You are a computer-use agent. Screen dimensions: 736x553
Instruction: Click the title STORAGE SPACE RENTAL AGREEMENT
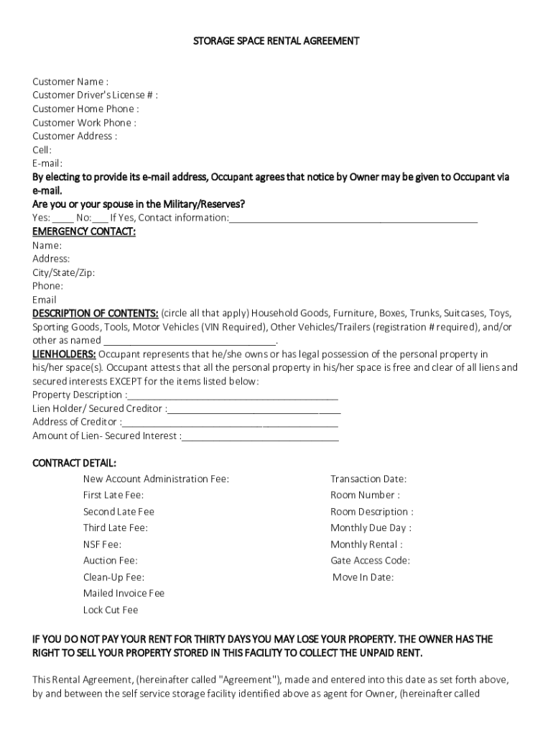(276, 41)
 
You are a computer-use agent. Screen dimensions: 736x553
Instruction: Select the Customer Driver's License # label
(95, 96)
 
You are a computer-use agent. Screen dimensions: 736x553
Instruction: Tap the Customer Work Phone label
(84, 123)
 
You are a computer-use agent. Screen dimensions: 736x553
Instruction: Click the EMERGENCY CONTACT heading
(84, 231)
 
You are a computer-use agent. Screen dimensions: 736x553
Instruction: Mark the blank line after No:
(101, 218)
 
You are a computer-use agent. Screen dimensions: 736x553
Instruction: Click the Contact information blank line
(353, 218)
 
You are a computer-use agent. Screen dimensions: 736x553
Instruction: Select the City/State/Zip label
(63, 273)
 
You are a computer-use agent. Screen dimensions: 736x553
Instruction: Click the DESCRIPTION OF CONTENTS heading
(96, 313)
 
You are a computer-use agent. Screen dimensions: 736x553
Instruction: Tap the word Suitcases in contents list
(464, 314)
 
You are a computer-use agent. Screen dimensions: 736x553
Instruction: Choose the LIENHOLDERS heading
(64, 354)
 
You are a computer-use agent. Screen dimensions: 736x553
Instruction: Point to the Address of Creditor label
(77, 423)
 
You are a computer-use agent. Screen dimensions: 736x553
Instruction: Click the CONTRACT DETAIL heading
(74, 463)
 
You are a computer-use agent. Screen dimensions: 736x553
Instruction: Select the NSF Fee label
(102, 545)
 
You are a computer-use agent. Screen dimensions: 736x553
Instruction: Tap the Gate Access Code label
(370, 561)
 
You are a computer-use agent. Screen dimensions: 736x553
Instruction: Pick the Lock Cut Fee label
(111, 610)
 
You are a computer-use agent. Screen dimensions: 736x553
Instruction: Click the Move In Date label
(363, 578)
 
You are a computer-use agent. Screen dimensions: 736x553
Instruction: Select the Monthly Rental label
(366, 545)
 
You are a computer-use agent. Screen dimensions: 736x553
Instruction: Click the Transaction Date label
(368, 479)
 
